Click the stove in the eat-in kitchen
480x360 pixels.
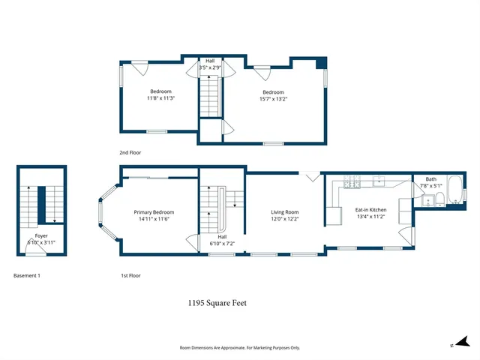pyautogui.click(x=352, y=182)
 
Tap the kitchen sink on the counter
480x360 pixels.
pyautogui.click(x=380, y=181)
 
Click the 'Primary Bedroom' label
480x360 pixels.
pyautogui.click(x=154, y=211)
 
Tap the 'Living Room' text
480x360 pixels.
pyautogui.click(x=285, y=211)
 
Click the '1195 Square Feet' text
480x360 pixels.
pyautogui.click(x=217, y=304)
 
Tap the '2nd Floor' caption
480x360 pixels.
pyautogui.click(x=130, y=152)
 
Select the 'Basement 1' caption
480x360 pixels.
pyautogui.click(x=27, y=275)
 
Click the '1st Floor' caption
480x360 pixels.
pyautogui.click(x=131, y=275)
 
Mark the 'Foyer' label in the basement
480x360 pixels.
pyautogui.click(x=41, y=235)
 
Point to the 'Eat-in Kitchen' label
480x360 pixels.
pyautogui.click(x=370, y=209)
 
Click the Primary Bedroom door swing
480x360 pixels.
pyautogui.click(x=190, y=244)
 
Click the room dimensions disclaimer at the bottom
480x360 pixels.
pyautogui.click(x=239, y=347)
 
